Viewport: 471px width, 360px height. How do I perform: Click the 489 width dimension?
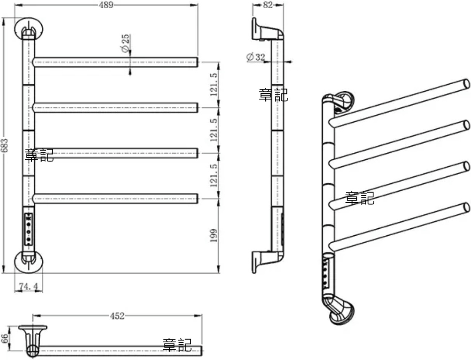[106, 5]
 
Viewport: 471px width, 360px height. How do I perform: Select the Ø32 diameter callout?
[256, 57]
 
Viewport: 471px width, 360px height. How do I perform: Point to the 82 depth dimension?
[268, 5]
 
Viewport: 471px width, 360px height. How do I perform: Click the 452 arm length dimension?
[117, 316]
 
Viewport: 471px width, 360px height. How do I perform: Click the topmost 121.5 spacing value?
[214, 84]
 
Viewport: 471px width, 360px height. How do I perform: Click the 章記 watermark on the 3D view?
[360, 198]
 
